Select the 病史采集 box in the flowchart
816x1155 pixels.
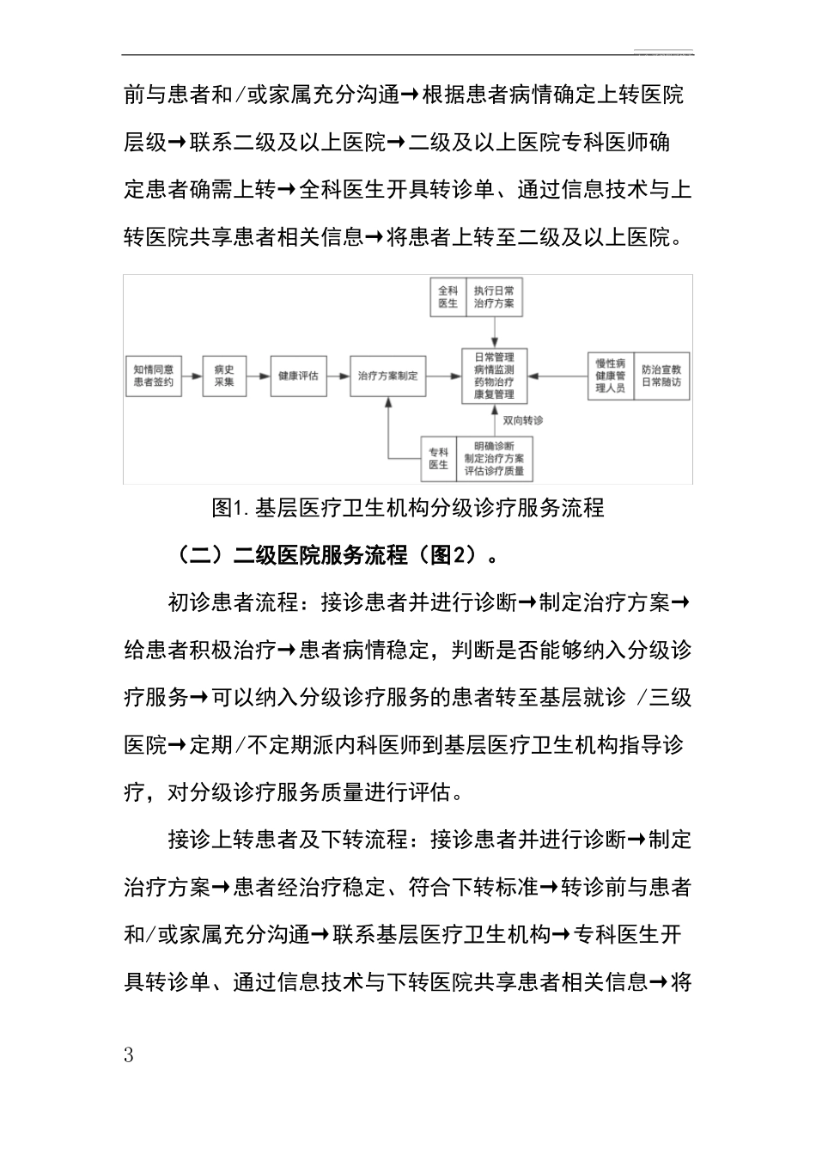click(224, 376)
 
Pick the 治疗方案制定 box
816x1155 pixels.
click(388, 376)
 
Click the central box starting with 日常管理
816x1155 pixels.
click(494, 376)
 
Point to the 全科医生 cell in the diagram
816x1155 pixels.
click(448, 297)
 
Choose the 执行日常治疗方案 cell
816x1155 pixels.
click(494, 297)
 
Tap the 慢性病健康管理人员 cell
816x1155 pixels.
click(611, 376)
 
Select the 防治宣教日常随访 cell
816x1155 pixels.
click(661, 376)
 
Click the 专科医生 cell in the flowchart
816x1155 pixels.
click(438, 458)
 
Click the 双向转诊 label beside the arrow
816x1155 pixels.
click(523, 420)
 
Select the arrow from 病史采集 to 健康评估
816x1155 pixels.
click(258, 376)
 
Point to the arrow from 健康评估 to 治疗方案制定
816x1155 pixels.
click(339, 376)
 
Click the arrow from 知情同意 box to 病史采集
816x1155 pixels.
click(193, 376)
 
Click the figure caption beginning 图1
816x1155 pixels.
click(408, 508)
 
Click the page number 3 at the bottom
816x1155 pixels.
click(130, 1055)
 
